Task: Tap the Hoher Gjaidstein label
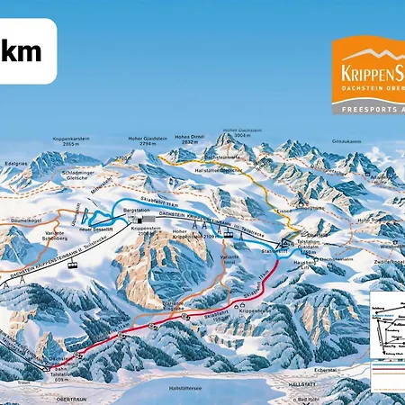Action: coord(136,141)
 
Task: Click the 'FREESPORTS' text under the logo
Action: coord(364,109)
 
